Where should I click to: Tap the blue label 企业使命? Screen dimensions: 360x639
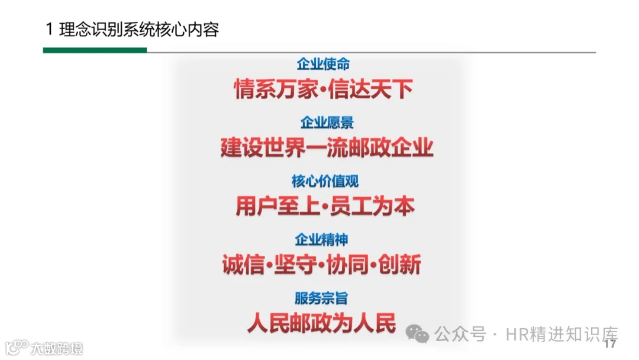pos(323,64)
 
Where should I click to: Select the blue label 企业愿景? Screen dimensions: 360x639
pos(327,123)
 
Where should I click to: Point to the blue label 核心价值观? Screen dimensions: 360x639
pos(325,181)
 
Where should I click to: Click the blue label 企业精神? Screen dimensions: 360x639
pos(321,240)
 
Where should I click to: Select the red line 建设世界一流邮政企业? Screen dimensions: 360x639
pos(327,147)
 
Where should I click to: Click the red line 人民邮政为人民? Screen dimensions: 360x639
pos(321,323)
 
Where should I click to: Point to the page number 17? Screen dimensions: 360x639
pos(610,344)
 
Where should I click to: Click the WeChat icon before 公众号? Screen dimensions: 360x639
pos(417,335)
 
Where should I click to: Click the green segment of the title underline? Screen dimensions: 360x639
pos(95,50)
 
